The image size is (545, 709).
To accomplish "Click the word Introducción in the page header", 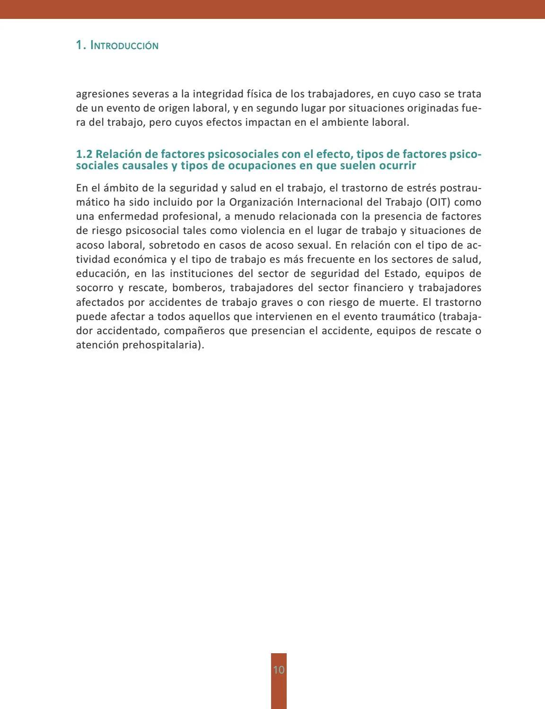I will tap(124, 46).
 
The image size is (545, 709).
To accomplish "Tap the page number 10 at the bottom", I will tap(279, 670).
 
